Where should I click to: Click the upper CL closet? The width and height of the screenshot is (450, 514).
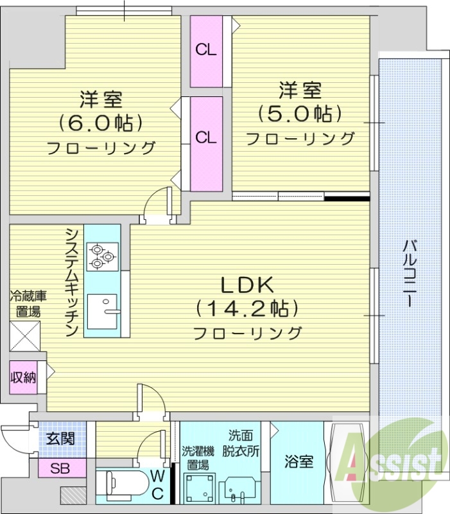[206, 51]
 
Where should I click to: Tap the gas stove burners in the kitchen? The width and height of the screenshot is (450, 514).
[102, 255]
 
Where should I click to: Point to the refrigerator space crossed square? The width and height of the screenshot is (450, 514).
[25, 335]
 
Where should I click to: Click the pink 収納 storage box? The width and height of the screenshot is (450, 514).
[23, 377]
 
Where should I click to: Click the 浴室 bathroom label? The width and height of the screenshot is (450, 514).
[299, 461]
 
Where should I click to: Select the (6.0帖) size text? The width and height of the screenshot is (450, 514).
[100, 122]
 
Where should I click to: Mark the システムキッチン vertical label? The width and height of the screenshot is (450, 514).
[73, 281]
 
